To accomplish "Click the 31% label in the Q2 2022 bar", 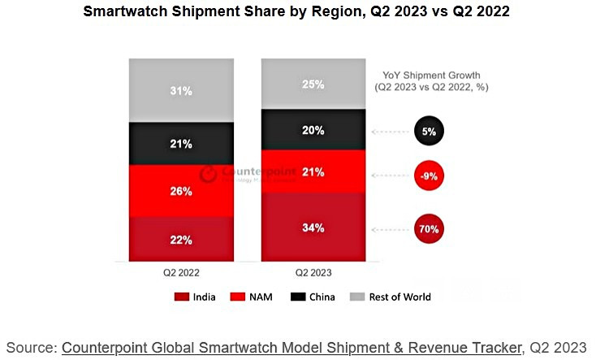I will pos(181,91).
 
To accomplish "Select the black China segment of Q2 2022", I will pos(181,144).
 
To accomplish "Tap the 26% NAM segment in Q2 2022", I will pos(181,192).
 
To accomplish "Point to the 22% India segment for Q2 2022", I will pos(181,240).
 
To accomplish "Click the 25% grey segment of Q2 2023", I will pos(313,85).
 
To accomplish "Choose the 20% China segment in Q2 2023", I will pos(313,130).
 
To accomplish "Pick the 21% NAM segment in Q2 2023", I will pos(313,172).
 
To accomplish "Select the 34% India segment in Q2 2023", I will pos(313,228).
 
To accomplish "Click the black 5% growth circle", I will pos(428,131).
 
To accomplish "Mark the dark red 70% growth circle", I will pos(428,228).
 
